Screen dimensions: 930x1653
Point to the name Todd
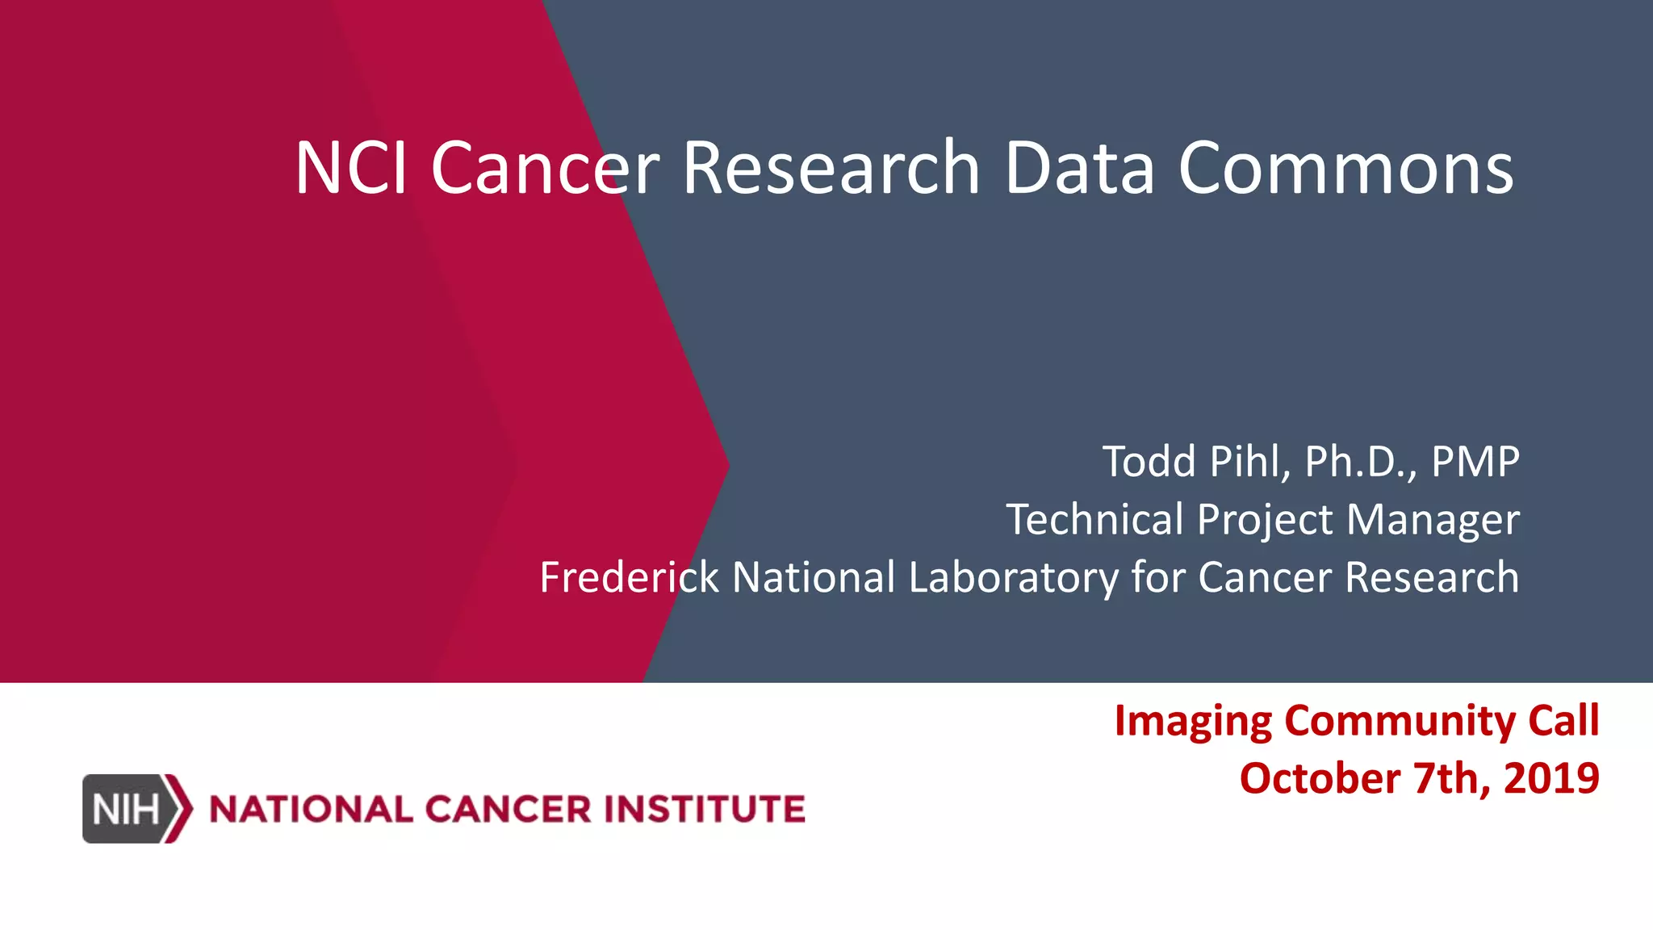1149,462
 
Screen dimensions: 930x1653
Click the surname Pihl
1250,462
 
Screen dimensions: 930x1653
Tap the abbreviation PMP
1475,462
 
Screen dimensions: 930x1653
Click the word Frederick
629,577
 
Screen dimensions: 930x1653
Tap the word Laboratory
1013,577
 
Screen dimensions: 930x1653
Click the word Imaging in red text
1193,721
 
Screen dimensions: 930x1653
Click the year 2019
1551,778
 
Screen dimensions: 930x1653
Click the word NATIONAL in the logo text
311,809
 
